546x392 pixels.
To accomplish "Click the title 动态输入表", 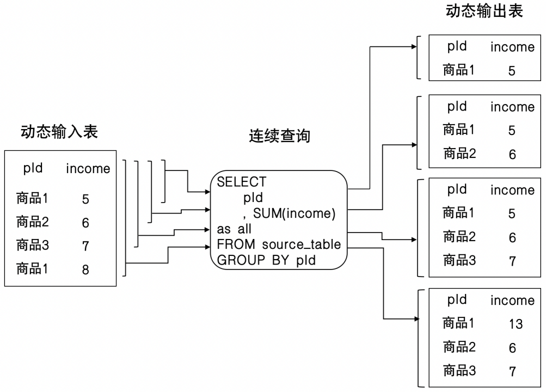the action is coord(59,132).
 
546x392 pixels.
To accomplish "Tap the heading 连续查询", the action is coord(279,136).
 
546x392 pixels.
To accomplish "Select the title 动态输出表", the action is coord(484,11).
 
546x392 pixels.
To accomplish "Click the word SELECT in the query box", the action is coord(242,182).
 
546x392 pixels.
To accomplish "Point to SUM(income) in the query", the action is coord(295,213).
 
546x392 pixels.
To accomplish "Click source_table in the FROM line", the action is coord(302,244).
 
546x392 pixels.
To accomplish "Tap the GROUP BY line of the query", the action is coord(266,260).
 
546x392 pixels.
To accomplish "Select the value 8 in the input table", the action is coord(85,269).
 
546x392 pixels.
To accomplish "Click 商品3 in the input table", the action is coord(32,246).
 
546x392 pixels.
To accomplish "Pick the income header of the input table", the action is coord(88,168).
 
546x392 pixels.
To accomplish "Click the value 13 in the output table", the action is coord(516,324).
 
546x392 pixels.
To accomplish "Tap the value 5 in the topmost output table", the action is coord(512,71).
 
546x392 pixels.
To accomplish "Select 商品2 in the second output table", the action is coord(459,153).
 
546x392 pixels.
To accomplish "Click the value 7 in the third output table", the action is coord(512,261).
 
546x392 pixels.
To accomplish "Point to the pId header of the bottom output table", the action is coord(457,299).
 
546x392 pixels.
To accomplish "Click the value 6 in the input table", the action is coord(85,223).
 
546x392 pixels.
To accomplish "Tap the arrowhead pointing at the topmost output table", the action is coord(414,47).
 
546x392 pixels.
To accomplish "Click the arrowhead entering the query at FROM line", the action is coord(207,247).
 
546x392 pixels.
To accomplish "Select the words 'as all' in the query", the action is coord(234,229).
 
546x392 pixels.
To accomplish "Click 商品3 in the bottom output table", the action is coord(459,370).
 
